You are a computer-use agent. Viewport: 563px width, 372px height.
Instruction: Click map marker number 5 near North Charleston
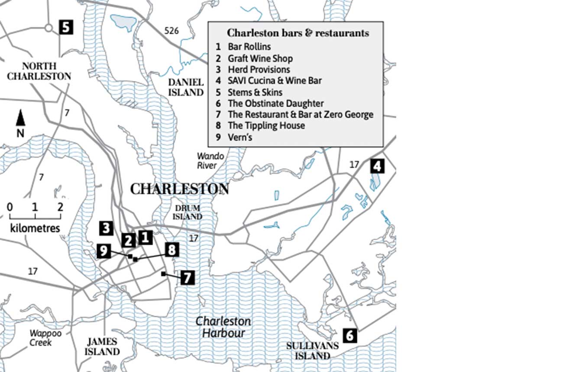click(65, 27)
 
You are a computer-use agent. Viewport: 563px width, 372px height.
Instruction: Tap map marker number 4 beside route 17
click(377, 166)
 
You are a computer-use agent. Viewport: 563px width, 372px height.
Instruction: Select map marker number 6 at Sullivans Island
click(350, 336)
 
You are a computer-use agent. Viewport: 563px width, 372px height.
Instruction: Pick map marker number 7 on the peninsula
click(187, 277)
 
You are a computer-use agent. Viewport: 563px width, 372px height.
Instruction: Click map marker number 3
click(106, 228)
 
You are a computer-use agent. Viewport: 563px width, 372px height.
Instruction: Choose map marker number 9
click(104, 251)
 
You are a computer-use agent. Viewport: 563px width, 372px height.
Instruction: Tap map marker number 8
click(172, 250)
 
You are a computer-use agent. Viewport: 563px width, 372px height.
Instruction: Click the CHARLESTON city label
click(179, 189)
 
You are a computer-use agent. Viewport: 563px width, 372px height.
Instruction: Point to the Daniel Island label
click(186, 87)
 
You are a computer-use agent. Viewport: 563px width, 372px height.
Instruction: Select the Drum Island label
click(188, 212)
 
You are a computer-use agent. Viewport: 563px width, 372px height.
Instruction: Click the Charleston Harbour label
click(223, 327)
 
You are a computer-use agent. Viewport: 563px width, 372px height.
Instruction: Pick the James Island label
click(102, 346)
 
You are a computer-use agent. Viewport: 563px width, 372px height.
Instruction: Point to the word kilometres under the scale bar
click(35, 228)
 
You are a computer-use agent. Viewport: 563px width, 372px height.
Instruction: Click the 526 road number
click(171, 31)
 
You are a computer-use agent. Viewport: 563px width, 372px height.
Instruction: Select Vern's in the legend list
click(240, 137)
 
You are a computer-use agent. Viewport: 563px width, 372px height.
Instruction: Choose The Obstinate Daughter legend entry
click(275, 103)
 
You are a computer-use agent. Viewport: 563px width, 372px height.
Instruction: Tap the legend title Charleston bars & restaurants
click(298, 33)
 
